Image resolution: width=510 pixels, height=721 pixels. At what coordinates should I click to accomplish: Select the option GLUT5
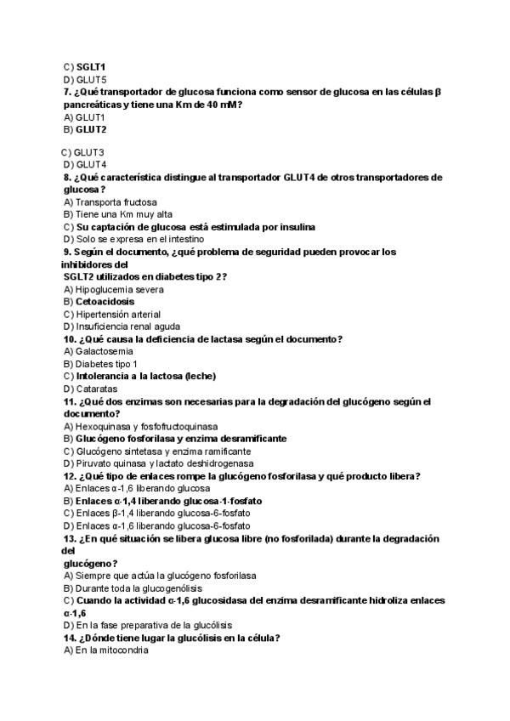coord(90,79)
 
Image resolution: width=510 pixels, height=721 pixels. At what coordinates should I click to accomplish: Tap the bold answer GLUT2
coord(90,129)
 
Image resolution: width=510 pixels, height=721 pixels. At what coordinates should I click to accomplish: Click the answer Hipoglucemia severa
coord(120,289)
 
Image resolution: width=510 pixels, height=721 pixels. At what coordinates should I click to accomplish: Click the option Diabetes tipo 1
coord(106,364)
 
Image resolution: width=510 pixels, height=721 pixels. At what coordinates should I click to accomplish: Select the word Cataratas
coord(98,389)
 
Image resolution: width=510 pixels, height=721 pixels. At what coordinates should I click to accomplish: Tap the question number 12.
coord(70,476)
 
